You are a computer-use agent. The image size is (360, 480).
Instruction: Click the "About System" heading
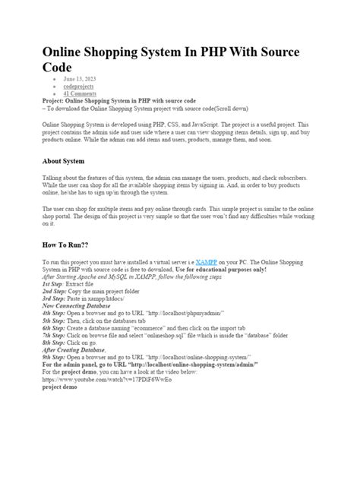click(x=64, y=162)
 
